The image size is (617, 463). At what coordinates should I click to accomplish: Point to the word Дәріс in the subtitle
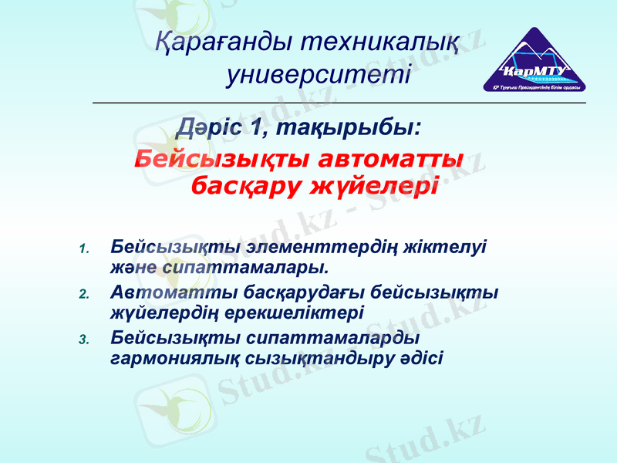pos(212,126)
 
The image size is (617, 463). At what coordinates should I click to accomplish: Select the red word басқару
pos(246,186)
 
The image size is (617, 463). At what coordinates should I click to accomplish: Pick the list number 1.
pos(85,248)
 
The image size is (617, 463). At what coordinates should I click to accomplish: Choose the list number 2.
pos(85,294)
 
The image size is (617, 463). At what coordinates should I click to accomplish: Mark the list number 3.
pos(85,339)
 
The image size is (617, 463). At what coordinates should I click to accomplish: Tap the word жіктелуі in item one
pos(448,247)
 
